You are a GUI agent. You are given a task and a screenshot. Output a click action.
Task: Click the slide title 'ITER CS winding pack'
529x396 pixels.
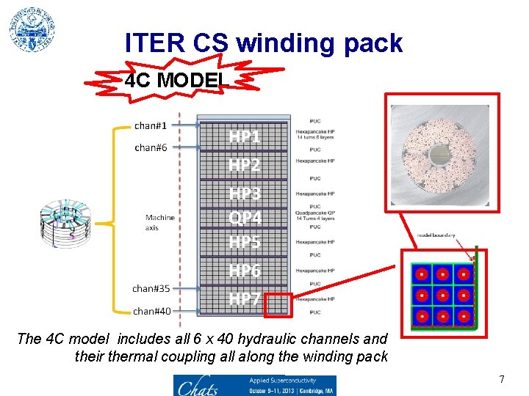(264, 43)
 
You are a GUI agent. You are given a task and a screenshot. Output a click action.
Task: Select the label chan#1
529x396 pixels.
(151, 125)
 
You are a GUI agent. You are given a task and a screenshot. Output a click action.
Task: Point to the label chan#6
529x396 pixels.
(151, 147)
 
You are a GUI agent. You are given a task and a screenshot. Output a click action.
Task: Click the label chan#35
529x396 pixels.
(151, 288)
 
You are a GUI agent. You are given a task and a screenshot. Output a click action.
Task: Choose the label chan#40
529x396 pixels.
(151, 311)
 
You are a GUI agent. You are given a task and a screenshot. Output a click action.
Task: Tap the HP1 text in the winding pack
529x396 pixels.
(245, 137)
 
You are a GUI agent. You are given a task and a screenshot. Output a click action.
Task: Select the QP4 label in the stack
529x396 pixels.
(245, 218)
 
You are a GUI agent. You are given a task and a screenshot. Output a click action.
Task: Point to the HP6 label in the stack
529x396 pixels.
(245, 271)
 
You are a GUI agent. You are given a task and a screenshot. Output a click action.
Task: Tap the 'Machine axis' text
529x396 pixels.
(159, 222)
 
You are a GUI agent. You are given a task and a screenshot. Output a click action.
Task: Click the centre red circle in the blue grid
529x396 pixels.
(442, 296)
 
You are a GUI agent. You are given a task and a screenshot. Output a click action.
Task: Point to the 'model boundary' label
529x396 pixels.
(436, 235)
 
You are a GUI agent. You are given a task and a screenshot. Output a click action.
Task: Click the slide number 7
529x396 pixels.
(502, 379)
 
